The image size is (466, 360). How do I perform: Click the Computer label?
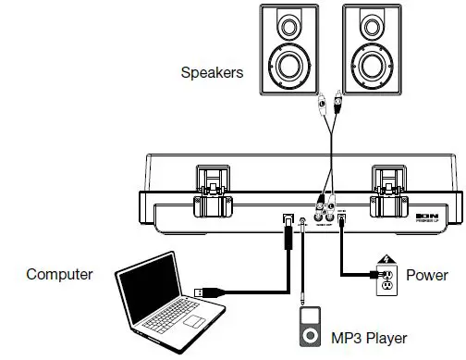pos(59,274)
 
